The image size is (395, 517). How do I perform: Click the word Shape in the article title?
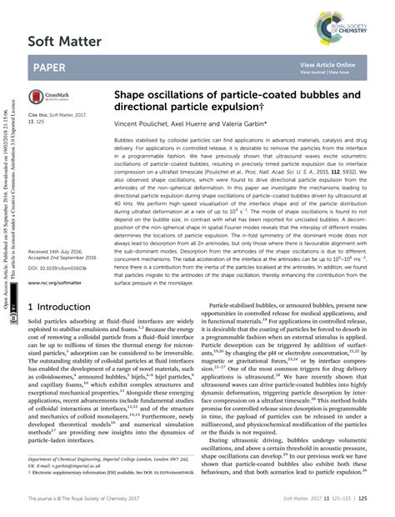pos(132,96)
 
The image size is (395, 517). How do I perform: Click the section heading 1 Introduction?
pos(66,284)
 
